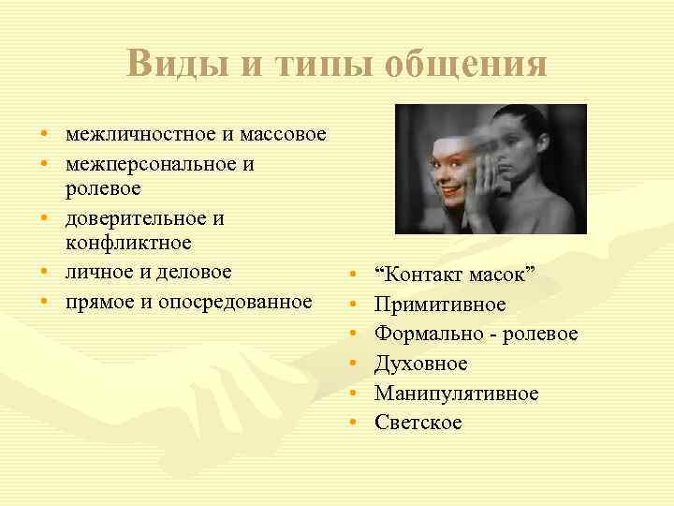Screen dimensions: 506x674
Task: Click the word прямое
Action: point(98,302)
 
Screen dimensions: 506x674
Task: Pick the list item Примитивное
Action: point(440,305)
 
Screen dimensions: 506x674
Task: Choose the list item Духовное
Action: point(420,364)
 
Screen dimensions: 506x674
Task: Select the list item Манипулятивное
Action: point(457,394)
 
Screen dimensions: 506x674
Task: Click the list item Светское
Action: point(418,423)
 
